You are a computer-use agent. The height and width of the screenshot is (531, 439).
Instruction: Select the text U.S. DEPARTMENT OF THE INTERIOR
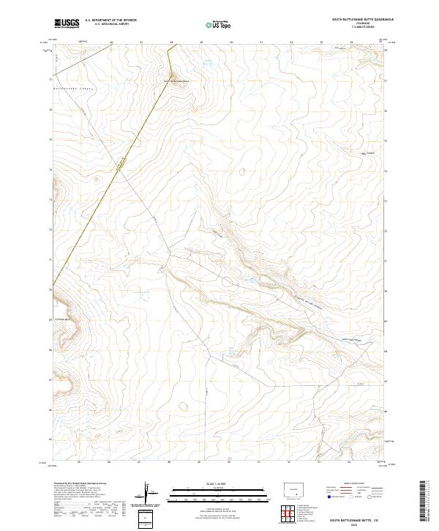[x=110, y=20]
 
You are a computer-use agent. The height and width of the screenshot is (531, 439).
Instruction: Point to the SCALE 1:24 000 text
[x=218, y=483]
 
